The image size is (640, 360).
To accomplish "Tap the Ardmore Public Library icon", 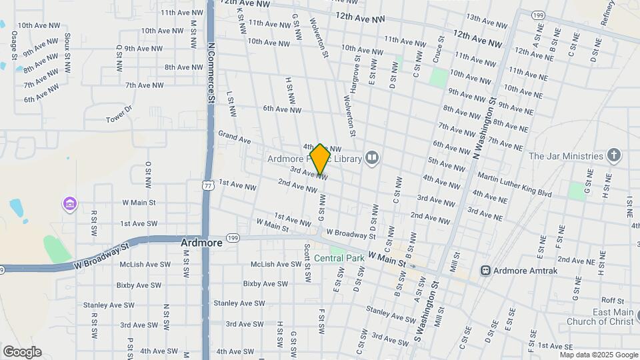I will click(x=372, y=158).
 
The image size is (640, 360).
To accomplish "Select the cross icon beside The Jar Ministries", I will click(x=614, y=156).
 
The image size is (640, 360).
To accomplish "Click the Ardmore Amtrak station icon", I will click(x=486, y=270).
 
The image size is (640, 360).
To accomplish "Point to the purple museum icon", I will click(x=69, y=203).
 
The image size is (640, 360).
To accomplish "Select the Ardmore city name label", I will click(x=201, y=243).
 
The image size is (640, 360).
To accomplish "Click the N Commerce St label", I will click(x=211, y=73).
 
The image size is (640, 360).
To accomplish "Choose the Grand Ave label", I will click(x=234, y=137).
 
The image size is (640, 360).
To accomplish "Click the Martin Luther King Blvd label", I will click(x=515, y=184).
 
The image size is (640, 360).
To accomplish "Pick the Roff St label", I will click(x=612, y=301).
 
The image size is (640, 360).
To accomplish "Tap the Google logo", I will click(x=22, y=352).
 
